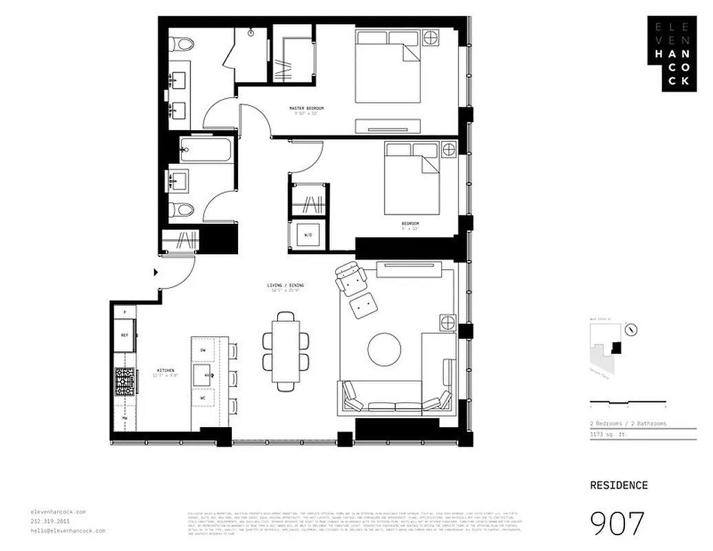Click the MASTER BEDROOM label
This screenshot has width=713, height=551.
tap(306, 109)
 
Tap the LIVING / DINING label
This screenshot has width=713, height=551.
tap(286, 285)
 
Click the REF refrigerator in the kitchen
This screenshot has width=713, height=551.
tap(125, 335)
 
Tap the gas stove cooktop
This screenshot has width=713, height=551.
tap(125, 381)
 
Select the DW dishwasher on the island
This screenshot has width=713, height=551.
tap(203, 351)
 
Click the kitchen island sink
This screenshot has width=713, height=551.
tap(205, 375)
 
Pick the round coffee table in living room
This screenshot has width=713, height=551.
tap(384, 350)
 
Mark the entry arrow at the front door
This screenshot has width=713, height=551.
tap(156, 272)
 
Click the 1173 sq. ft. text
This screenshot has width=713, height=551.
tap(608, 434)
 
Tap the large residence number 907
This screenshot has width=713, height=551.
tap(617, 523)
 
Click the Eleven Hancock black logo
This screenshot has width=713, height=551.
tap(671, 53)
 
